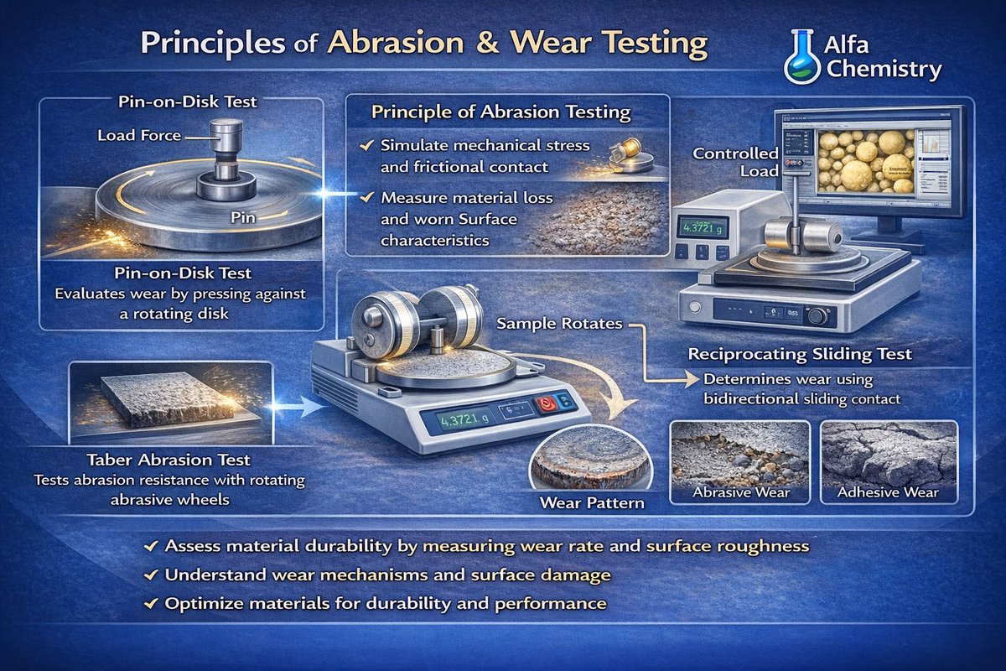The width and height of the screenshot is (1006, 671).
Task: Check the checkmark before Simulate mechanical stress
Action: pos(365,146)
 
